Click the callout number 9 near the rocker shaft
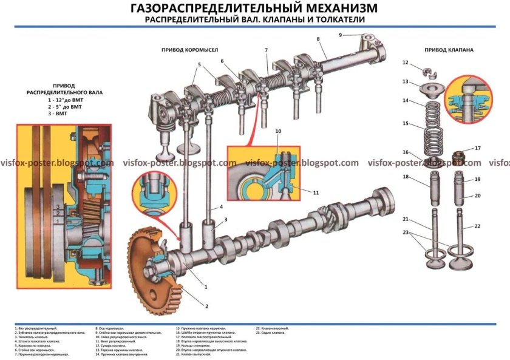pyautogui.click(x=341, y=35)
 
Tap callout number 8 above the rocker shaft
pyautogui.click(x=318, y=39)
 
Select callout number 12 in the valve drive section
pyautogui.click(x=405, y=63)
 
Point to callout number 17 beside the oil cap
pyautogui.click(x=477, y=148)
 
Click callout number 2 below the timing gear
pyautogui.click(x=206, y=306)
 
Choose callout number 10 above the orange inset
pyautogui.click(x=278, y=132)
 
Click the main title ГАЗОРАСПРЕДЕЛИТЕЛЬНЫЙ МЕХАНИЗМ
pyautogui.click(x=254, y=8)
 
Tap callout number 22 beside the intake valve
pyautogui.click(x=477, y=226)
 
